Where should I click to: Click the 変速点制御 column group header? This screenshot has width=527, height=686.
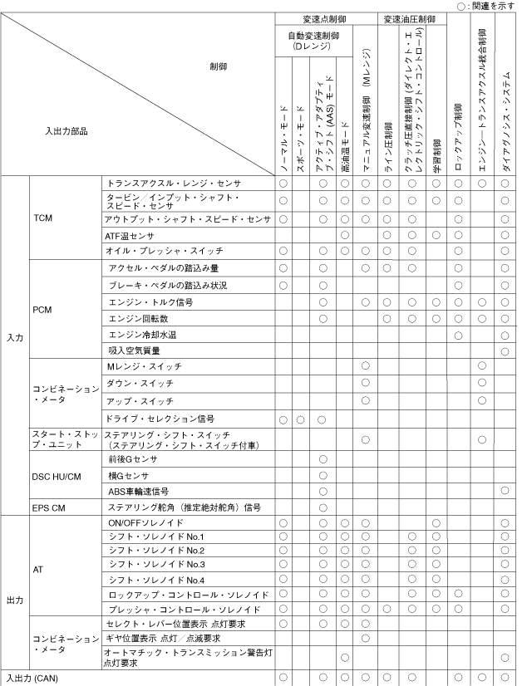[327, 18]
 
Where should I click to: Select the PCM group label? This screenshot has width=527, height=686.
[43, 309]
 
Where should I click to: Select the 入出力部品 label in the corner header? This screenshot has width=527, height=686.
[66, 131]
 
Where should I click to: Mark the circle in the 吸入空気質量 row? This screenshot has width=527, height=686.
[505, 352]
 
